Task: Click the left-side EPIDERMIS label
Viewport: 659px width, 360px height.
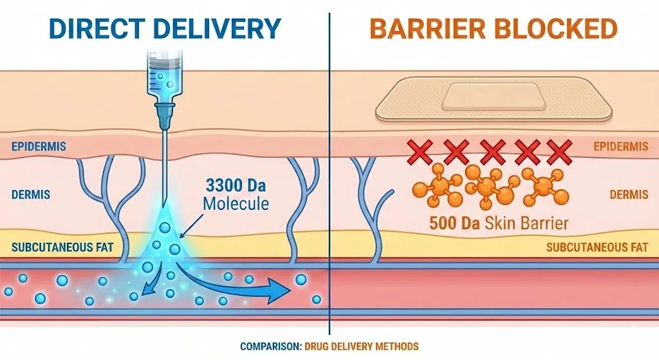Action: point(38,146)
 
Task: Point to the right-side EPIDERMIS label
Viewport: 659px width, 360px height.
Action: point(620,146)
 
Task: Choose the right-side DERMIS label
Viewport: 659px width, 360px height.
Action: point(629,193)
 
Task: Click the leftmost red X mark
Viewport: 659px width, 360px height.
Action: point(420,152)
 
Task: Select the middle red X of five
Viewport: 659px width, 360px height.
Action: point(492,152)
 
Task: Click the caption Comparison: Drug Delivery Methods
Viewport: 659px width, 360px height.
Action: point(329,346)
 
